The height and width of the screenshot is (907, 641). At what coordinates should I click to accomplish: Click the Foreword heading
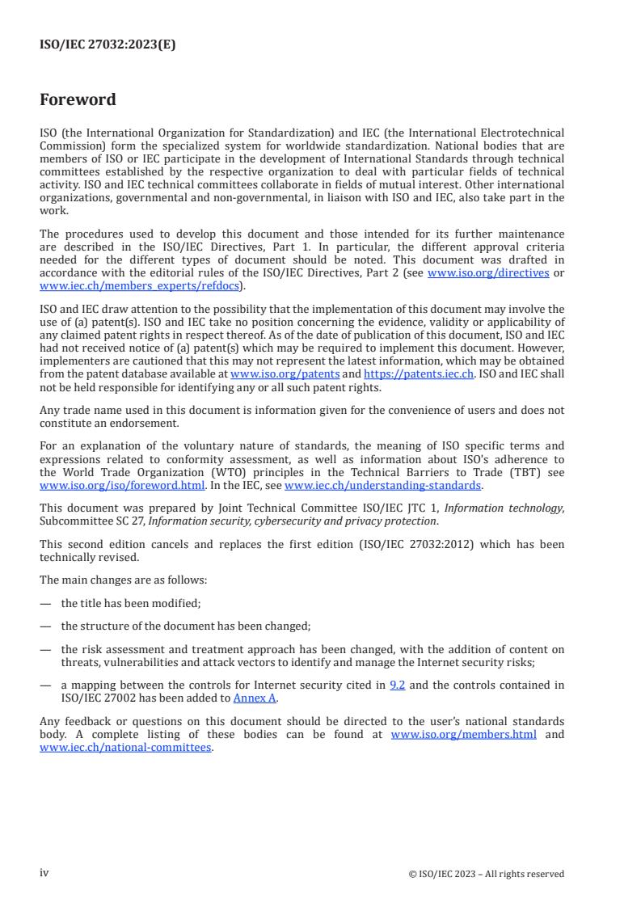tap(78, 100)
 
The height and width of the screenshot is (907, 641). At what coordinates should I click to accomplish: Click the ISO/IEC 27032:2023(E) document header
tap(108, 45)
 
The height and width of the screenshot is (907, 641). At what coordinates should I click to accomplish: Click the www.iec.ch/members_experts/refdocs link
tap(141, 285)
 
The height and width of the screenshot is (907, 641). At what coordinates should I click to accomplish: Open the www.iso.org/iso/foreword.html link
tap(122, 486)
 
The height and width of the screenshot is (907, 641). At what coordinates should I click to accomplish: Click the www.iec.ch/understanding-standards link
tap(383, 486)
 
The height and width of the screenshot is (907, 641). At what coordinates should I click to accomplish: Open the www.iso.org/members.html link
tap(463, 735)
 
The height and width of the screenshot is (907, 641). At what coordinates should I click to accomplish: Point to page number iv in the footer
tap(44, 873)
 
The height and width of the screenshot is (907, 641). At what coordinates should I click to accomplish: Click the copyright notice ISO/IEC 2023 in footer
tap(487, 874)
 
